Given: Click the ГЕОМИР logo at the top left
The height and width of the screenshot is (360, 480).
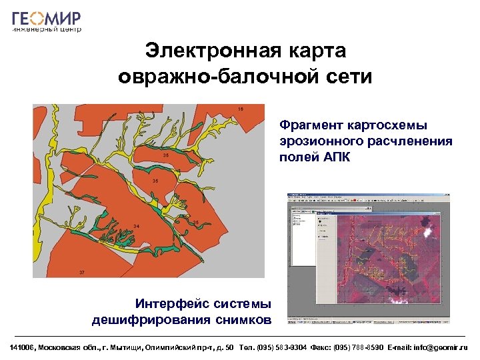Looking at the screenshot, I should (47, 19).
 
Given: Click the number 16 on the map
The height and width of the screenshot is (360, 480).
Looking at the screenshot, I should (241, 109).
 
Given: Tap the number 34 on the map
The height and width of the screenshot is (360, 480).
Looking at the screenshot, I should (136, 227).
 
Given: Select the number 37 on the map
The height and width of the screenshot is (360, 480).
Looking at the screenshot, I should (81, 273).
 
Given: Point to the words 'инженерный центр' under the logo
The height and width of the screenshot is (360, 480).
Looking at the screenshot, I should (47, 30).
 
